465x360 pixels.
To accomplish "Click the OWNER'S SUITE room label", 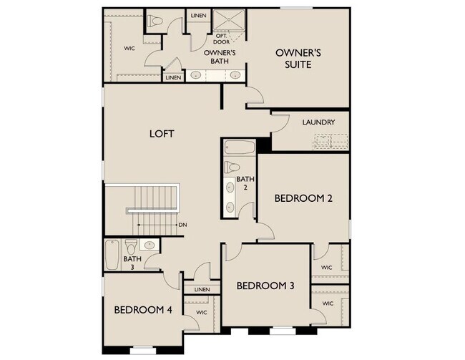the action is [298, 59].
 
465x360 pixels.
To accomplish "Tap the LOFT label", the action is [162, 134].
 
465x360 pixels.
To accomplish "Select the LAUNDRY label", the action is [318, 122].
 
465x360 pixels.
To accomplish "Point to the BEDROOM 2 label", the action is [303, 198].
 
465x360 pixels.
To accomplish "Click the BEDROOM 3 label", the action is [265, 286].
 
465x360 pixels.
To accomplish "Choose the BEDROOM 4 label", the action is [143, 310].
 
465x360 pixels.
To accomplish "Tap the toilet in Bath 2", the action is [232, 167].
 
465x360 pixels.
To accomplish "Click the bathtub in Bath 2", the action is [240, 147].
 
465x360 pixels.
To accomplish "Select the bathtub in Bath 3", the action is [112, 255].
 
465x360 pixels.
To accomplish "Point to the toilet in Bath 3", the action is [131, 246].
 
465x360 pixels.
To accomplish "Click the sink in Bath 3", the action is [149, 245].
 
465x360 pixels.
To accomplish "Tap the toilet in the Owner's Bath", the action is [155, 21].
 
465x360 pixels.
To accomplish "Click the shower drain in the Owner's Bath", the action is [229, 19].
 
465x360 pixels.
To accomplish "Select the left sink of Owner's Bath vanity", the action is [196, 74].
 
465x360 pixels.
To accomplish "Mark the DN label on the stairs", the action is [183, 225].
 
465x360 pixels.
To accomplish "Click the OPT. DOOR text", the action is [221, 39].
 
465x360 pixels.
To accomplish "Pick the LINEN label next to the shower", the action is [198, 16].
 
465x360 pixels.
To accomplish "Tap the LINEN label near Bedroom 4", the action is [202, 289].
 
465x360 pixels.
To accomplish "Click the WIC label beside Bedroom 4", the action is [201, 313].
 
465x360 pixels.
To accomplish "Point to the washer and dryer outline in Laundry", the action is [331, 141].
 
